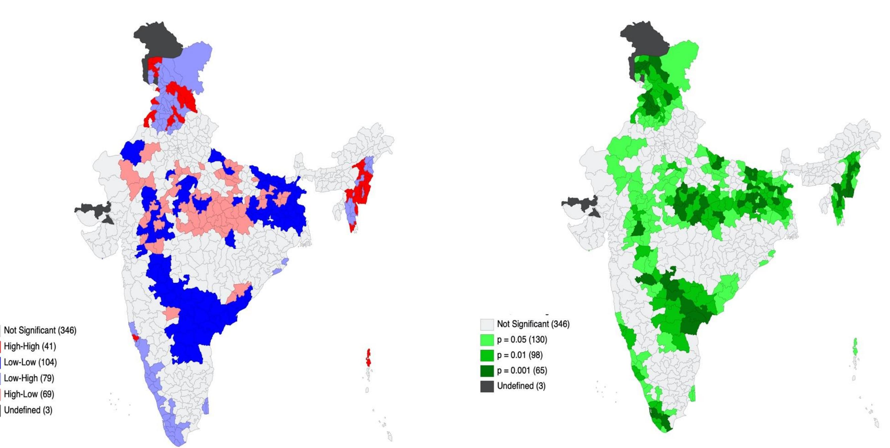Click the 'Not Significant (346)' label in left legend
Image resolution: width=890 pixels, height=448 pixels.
click(40, 330)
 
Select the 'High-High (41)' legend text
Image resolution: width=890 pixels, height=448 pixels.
click(30, 346)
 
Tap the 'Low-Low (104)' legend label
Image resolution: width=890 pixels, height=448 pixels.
click(30, 362)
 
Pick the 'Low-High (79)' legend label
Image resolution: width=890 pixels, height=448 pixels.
click(29, 378)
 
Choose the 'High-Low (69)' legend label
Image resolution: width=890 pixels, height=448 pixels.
click(29, 394)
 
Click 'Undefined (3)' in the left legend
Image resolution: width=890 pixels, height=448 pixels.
click(28, 410)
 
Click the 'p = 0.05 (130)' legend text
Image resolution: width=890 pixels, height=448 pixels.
click(522, 340)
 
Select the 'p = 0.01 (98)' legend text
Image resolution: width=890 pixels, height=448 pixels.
click(520, 355)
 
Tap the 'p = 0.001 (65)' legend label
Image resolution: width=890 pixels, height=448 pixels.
click(522, 371)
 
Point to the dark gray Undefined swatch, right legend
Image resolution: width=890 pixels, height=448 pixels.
click(487, 386)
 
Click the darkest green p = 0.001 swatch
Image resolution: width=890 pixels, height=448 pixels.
click(487, 371)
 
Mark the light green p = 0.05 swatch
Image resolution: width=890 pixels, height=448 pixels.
click(487, 340)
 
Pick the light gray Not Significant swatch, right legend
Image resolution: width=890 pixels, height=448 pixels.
click(487, 324)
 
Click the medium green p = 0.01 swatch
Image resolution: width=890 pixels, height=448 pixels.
click(487, 355)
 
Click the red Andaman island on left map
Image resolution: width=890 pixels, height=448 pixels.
click(368, 358)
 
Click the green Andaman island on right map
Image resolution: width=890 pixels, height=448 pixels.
click(855, 348)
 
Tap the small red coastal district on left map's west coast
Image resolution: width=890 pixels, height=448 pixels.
click(136, 337)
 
